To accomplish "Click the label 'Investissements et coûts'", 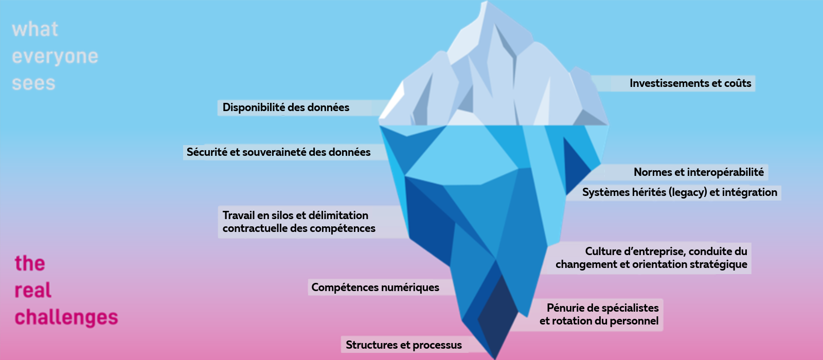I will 690,83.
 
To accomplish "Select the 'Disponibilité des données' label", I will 285,107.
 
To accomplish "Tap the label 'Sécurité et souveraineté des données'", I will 278,152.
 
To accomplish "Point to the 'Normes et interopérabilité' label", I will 699,172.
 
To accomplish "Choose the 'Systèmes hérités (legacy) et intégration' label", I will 679,192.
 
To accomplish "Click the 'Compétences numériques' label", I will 375,287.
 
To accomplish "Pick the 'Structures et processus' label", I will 403,345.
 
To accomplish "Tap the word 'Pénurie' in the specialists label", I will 565,308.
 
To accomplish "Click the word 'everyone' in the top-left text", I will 55,57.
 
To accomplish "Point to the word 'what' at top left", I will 35,29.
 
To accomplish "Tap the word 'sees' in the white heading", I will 33,83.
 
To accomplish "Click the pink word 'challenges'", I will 66,317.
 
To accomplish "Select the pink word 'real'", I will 33,291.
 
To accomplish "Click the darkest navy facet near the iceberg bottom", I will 502,314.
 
